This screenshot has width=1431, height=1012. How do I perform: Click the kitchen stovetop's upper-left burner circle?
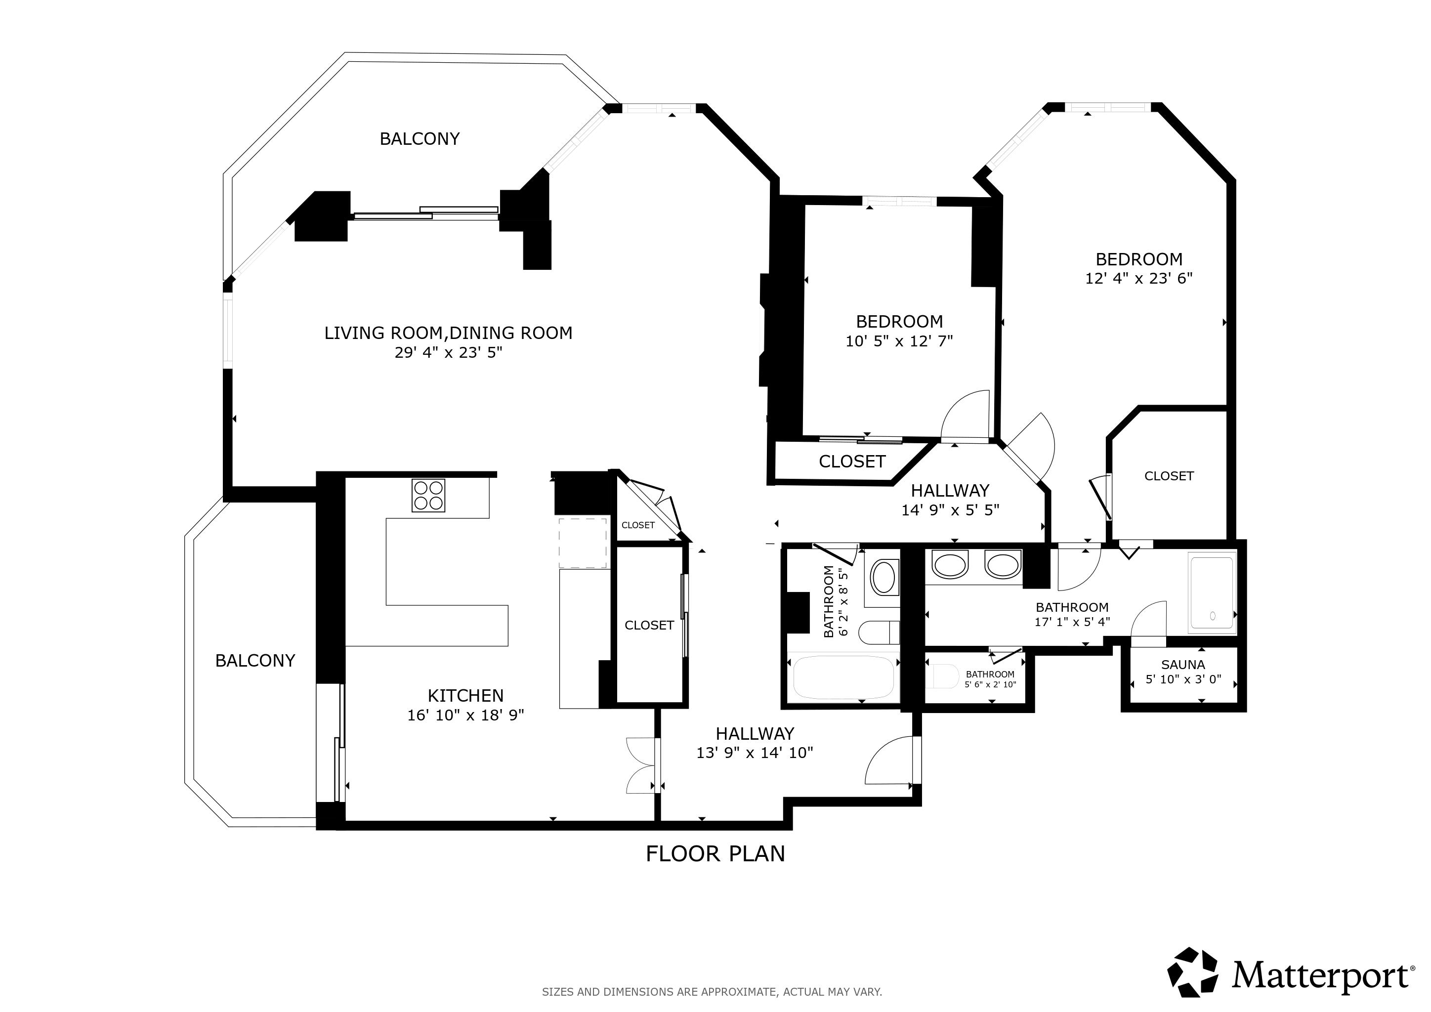coord(421,488)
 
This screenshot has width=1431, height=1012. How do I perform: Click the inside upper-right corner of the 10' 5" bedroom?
coord(973,206)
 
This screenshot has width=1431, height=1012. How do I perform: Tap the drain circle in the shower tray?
coord(1213,616)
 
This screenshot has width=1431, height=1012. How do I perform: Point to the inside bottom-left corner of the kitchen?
coord(346,820)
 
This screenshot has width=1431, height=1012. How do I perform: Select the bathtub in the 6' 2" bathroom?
coord(844,677)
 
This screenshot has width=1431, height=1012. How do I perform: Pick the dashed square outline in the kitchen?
coord(583,542)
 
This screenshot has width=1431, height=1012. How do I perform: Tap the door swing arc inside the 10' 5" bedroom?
coord(965,415)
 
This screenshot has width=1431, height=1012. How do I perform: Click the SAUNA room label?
coord(1183,665)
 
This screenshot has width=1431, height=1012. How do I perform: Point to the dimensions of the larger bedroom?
coord(1138,279)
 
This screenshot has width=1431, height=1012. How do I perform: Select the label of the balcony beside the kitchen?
coord(255,661)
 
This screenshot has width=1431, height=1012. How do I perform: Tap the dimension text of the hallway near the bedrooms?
coord(950,510)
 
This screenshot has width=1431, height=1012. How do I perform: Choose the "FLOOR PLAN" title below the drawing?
coord(715,854)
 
